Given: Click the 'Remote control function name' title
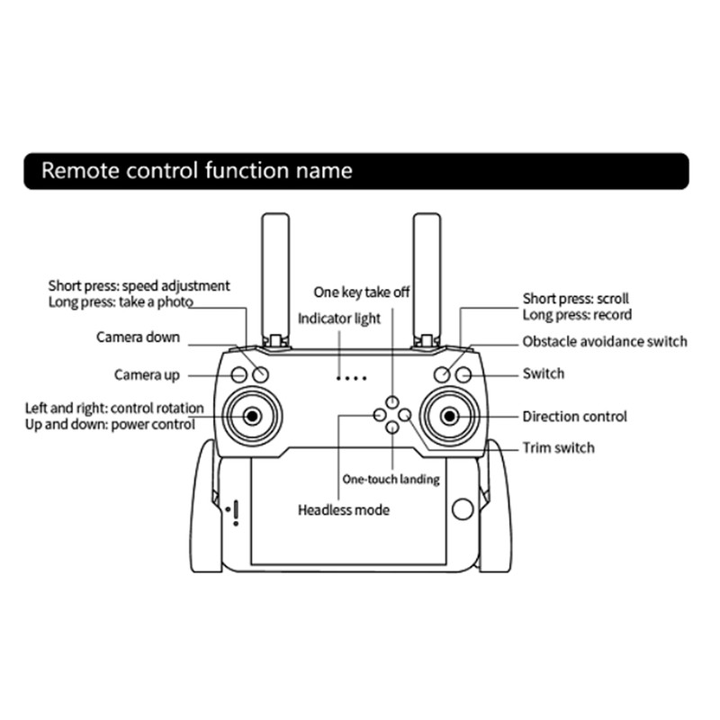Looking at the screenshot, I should click(x=197, y=170).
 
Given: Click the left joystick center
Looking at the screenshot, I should click(x=251, y=416).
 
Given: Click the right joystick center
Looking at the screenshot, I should click(x=449, y=416).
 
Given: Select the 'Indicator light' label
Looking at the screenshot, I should click(x=339, y=319).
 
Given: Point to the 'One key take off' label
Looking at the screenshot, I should click(x=362, y=292).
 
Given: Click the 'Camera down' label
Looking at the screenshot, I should click(x=138, y=337).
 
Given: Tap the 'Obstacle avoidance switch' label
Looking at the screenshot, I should click(x=605, y=342).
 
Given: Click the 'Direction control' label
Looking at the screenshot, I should click(x=574, y=417).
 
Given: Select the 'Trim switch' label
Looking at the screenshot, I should click(x=558, y=447).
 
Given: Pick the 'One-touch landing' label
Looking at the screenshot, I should click(x=391, y=480).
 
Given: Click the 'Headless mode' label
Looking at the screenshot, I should click(x=344, y=510).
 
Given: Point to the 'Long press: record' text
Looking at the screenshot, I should click(x=577, y=315).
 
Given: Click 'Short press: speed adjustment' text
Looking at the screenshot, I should click(x=139, y=286).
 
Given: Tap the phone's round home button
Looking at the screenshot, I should click(x=463, y=509).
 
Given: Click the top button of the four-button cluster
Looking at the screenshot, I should click(x=392, y=401).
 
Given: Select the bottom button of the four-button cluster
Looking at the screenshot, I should click(x=392, y=427).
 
